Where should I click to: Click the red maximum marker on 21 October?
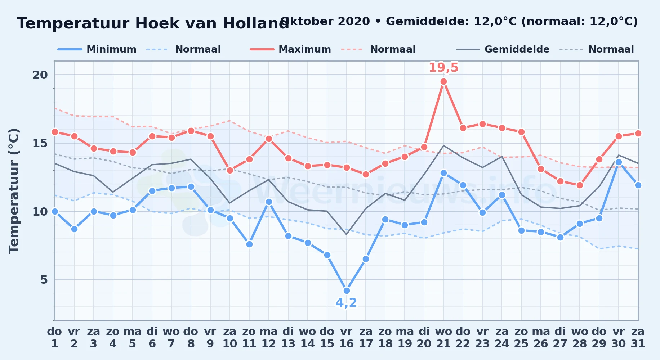point(443,82)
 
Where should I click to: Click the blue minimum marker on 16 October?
point(347,291)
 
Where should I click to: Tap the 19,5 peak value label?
point(443,67)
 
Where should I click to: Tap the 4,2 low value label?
point(346,303)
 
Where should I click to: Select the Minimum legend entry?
point(97,49)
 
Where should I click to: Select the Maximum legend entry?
point(290,49)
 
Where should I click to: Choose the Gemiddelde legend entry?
point(503,49)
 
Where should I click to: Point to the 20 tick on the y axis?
point(40,75)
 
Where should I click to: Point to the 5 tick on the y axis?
point(44,280)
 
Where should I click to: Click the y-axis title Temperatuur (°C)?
point(14,191)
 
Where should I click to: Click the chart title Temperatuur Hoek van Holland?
point(153,23)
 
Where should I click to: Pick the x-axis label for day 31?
point(638,337)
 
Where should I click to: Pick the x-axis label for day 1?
point(54,337)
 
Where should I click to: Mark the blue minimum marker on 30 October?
point(619,162)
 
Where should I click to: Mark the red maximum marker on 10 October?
point(230,170)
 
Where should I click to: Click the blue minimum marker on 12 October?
point(269,202)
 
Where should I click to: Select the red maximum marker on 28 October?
point(580,185)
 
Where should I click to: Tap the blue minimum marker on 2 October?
point(74,229)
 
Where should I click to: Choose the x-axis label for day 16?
point(346,337)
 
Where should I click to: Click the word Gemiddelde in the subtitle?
point(428,22)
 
